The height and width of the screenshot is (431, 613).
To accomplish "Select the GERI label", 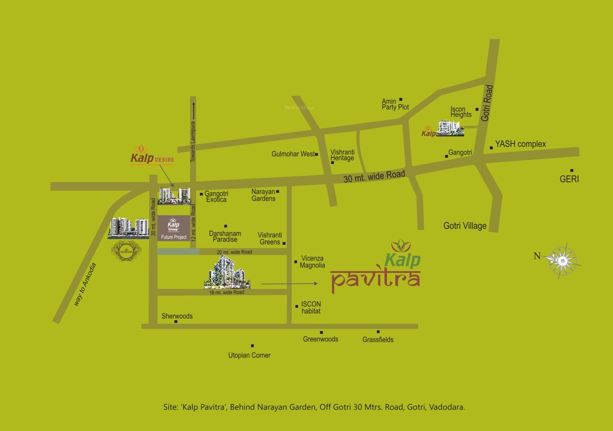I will tap(569, 180).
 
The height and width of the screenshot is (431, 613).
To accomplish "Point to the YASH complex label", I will tap(520, 144).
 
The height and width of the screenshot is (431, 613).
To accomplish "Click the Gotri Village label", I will tap(465, 226).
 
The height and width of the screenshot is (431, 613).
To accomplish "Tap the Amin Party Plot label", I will tap(395, 104).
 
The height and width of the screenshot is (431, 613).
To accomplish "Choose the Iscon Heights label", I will tap(461, 112).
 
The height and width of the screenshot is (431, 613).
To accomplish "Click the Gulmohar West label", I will tap(293, 154).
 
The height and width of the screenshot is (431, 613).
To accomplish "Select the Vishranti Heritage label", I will tap(342, 155).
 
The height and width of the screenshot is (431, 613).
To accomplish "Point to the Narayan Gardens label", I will tap(263, 195).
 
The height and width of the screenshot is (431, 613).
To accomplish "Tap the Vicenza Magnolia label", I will tap(313, 262).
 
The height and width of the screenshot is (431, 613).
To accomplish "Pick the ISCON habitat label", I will tap(311, 308).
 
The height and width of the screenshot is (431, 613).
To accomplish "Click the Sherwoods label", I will tap(177, 316).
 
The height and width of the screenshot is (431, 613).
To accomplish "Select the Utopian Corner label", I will tap(249, 355).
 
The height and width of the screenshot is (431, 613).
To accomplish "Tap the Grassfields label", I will tap(378, 340).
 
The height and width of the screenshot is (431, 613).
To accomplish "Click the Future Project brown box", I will tap(173, 228).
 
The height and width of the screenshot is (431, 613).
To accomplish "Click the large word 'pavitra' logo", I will tap(375, 279).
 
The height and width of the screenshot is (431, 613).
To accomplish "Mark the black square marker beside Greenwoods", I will tap(321, 332).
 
